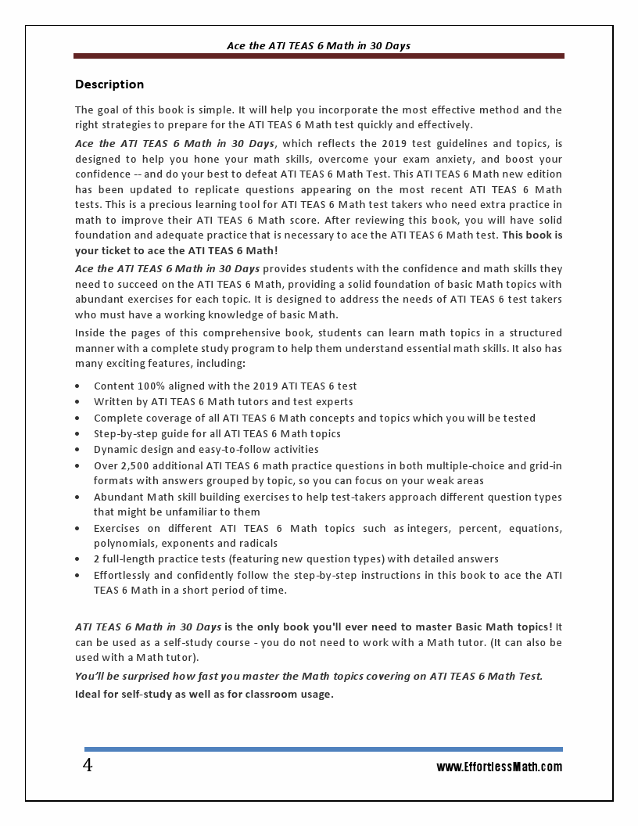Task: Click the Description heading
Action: [x=109, y=84]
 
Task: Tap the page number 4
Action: [x=88, y=765]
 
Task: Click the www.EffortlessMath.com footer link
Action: [x=499, y=767]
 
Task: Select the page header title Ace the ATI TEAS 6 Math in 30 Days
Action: [x=318, y=46]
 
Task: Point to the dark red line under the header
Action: [x=318, y=56]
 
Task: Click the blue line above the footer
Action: [x=323, y=749]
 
